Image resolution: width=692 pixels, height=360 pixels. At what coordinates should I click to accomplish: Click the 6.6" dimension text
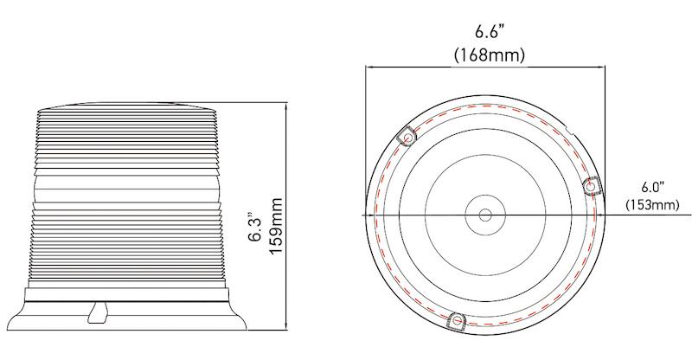pos(490,32)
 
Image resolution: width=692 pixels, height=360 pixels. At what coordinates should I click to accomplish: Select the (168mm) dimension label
pos(490,54)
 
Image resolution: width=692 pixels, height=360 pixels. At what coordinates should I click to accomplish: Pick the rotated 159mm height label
pos(276,220)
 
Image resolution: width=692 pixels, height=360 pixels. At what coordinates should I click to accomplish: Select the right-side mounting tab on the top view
pos(593,184)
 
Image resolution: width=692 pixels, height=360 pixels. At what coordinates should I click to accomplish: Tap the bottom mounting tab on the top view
pos(456,321)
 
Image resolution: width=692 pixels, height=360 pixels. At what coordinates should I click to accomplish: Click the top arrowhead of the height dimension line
pos(286,104)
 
